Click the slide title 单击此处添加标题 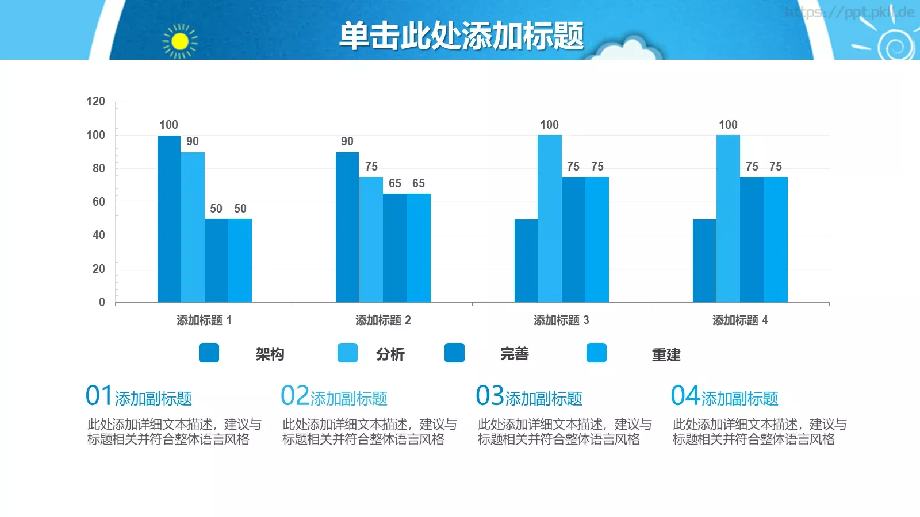(x=461, y=36)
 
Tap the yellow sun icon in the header (x=180, y=41)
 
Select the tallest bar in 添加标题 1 (x=169, y=218)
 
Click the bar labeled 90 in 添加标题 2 (x=347, y=227)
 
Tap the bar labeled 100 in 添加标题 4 (x=728, y=218)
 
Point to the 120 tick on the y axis (x=95, y=102)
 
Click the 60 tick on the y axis (x=98, y=202)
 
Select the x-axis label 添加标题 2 (x=383, y=320)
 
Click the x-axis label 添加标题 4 (x=740, y=320)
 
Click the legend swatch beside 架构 (x=209, y=353)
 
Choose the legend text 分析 (x=390, y=354)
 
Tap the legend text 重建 (x=666, y=354)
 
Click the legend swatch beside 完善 (x=454, y=353)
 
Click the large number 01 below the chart (x=99, y=396)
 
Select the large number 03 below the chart (x=489, y=396)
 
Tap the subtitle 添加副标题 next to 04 (x=739, y=398)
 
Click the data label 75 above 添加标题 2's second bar (x=371, y=167)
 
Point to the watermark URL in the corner (x=849, y=12)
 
